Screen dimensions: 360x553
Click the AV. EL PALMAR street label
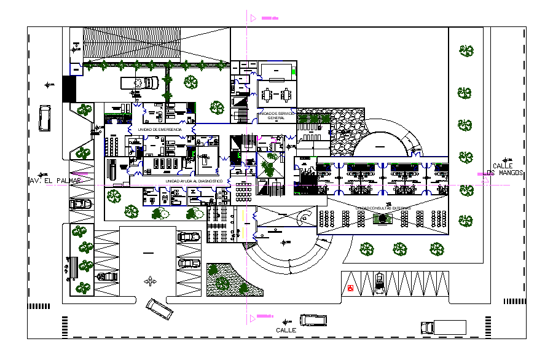click(54, 181)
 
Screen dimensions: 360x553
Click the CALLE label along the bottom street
click(286, 331)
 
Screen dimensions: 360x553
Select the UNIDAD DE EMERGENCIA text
click(160, 130)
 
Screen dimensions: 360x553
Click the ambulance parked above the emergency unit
click(139, 83)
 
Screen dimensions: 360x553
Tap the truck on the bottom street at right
click(443, 327)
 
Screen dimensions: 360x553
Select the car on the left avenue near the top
click(45, 117)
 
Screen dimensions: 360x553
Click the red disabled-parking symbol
click(351, 288)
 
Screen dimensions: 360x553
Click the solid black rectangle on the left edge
click(68, 90)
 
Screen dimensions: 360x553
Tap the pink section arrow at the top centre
click(254, 18)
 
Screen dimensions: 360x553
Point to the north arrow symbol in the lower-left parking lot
click(149, 282)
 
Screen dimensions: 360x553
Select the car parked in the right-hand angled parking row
click(380, 282)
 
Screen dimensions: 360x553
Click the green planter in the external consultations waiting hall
click(383, 218)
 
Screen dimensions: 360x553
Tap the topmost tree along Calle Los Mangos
click(466, 51)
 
